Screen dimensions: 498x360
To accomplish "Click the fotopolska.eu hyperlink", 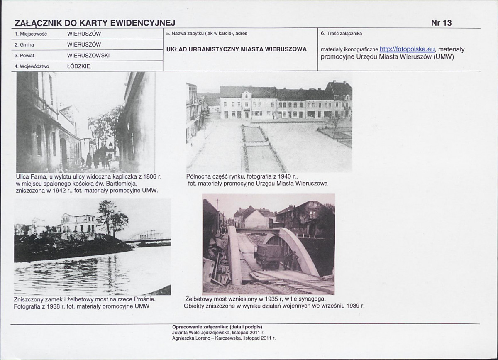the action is pos(407,49).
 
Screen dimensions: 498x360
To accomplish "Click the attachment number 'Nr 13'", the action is pos(441,23).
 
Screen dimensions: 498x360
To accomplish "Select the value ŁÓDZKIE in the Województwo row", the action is pos(78,66).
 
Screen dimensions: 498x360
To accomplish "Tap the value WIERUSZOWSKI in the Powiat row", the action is pos(88,56).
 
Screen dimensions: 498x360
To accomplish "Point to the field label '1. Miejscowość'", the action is pos(31,34).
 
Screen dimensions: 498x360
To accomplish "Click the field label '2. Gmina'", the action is pos(24,45).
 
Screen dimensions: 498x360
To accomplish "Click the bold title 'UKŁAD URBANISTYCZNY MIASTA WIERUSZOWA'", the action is pos(237,49).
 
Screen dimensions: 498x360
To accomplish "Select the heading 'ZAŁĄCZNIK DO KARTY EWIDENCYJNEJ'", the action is pos(95,23).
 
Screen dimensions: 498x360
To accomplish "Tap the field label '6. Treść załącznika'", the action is pos(342,34).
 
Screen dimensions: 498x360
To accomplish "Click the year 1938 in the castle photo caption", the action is pos(54,306).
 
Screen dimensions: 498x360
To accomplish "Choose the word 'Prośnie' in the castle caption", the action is pos(144,299).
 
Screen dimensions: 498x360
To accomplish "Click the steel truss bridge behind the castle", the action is pos(147,236).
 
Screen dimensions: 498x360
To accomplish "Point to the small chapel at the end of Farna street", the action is pos(110,151).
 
